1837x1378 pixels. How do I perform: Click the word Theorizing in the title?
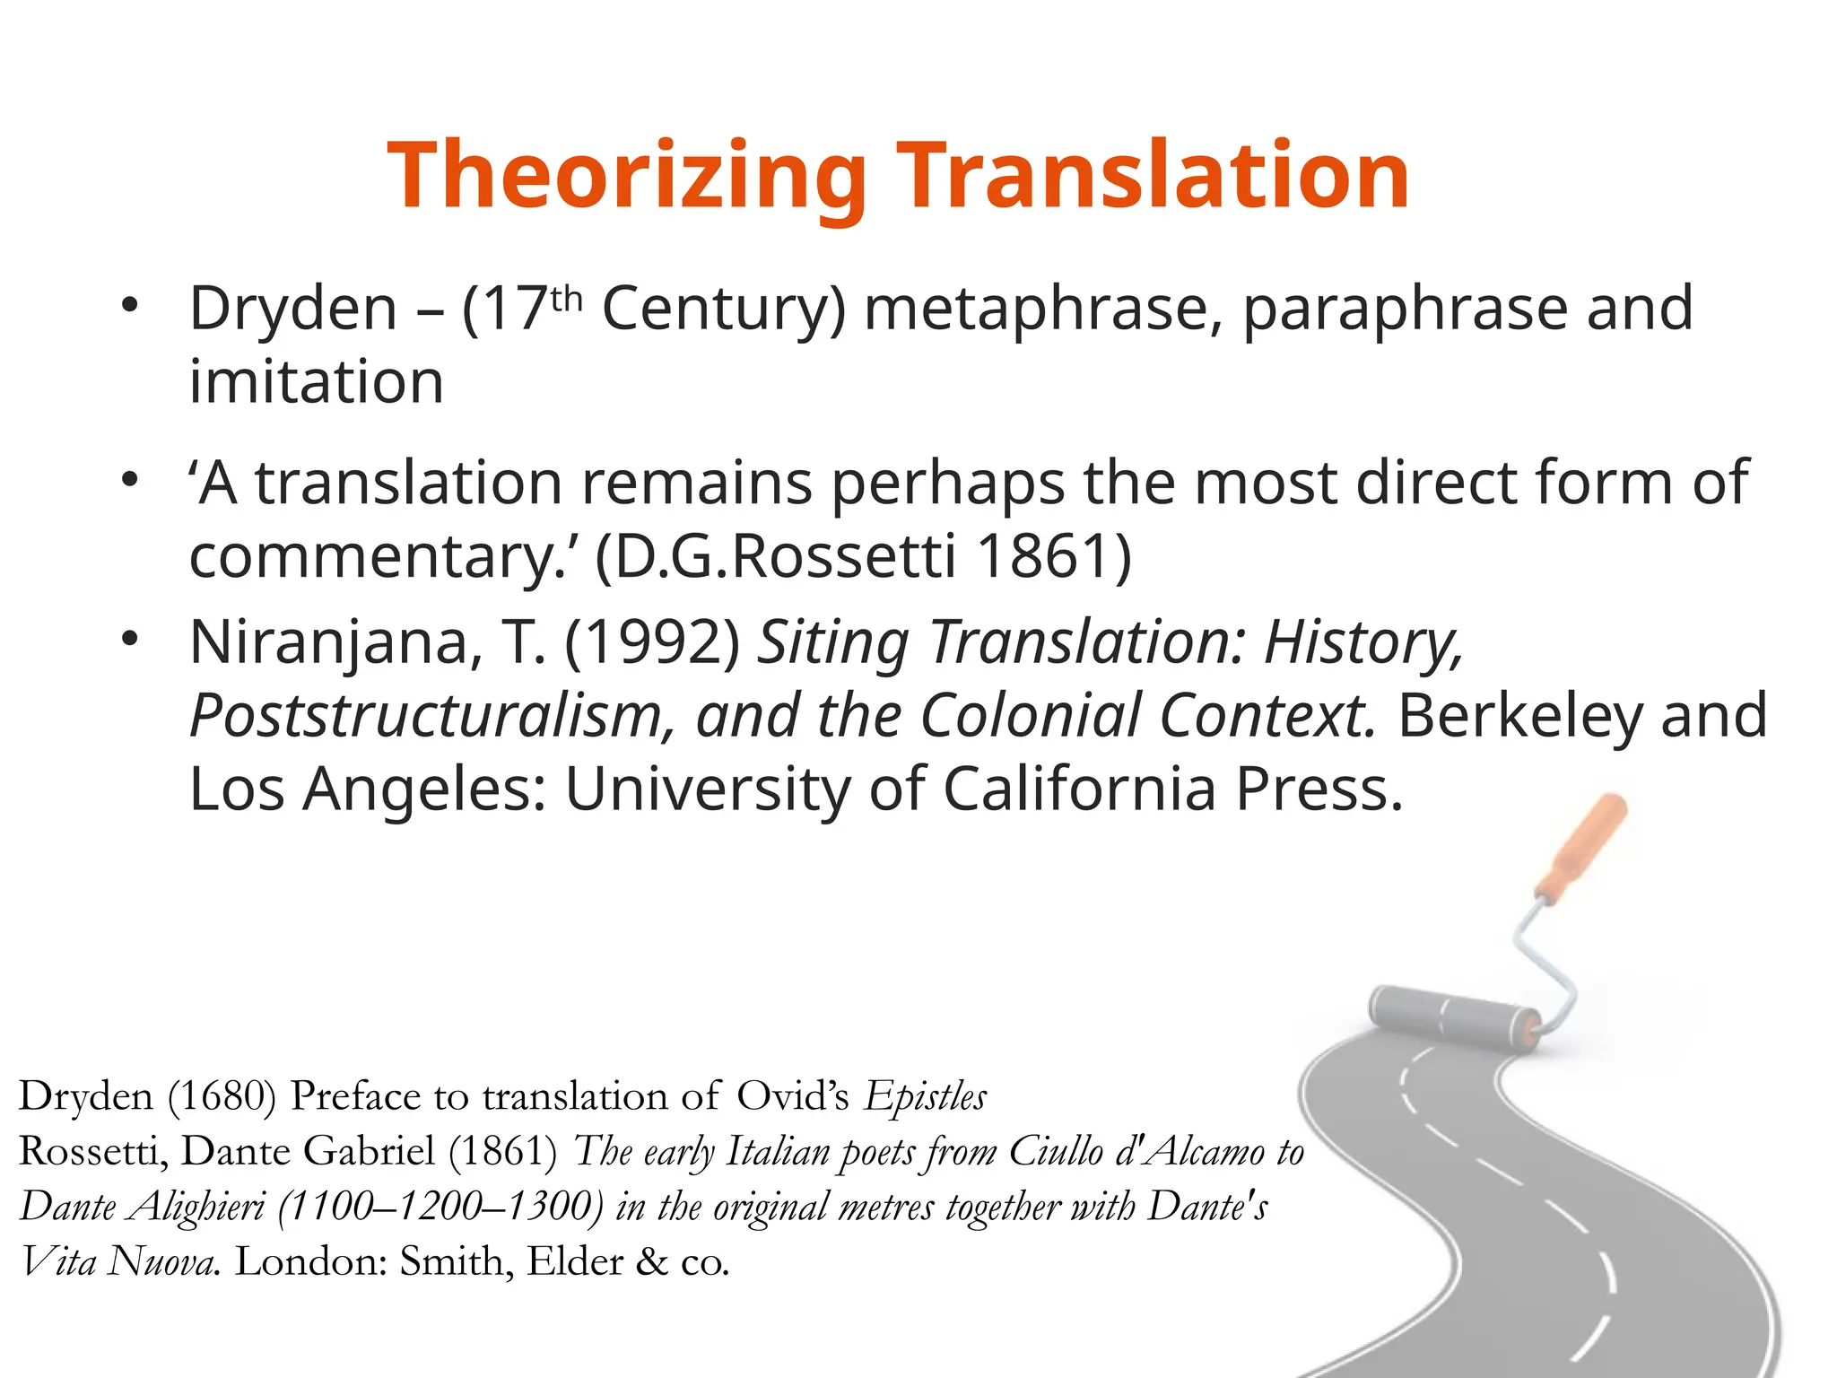tap(627, 178)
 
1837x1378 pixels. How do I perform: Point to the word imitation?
tap(317, 382)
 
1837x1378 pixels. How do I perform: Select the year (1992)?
tap(652, 643)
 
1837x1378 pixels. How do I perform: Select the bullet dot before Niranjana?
tap(131, 639)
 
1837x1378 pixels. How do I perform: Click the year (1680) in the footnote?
tap(222, 1096)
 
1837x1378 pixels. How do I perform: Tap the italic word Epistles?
tap(925, 1096)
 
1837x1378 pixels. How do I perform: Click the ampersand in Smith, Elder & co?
tap(652, 1262)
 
